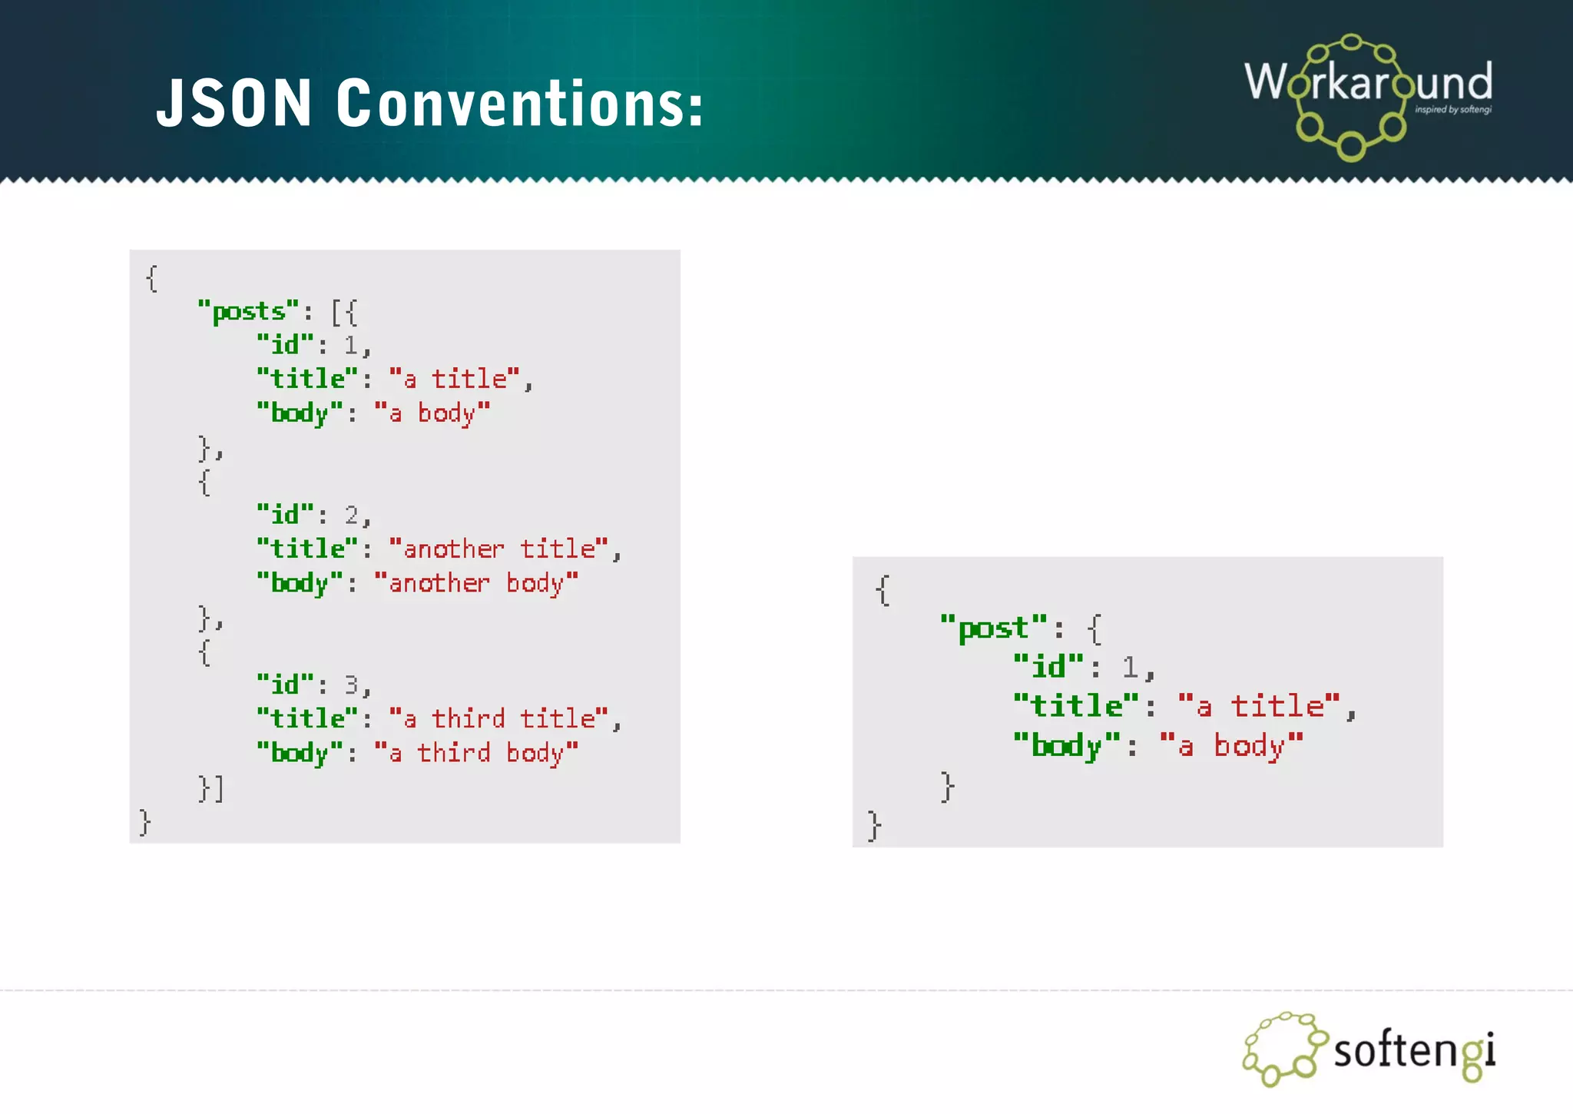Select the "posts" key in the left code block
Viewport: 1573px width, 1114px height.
coord(247,311)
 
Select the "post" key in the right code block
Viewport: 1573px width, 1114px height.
coord(993,628)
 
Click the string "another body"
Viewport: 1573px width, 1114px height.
coord(476,583)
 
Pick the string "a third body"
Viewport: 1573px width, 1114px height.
coord(476,753)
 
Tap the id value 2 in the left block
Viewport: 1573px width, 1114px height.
coord(352,515)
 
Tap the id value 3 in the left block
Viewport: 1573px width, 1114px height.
coord(352,685)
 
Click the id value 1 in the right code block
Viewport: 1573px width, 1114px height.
coord(1130,667)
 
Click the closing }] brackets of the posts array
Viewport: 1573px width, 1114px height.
coord(210,788)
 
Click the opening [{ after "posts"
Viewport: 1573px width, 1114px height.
coord(344,312)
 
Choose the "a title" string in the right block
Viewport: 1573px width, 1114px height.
coord(1260,706)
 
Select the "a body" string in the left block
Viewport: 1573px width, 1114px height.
coord(432,413)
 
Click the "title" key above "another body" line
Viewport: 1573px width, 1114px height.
coord(307,549)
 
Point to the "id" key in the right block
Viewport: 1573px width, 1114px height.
coord(1048,667)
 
